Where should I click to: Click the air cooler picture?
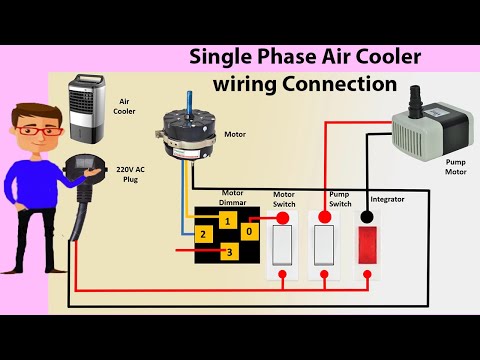pos(87,112)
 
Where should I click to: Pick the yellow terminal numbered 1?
pos(229,219)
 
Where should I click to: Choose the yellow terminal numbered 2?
pos(203,234)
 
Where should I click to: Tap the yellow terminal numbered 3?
pos(229,252)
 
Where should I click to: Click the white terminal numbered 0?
pos(250,229)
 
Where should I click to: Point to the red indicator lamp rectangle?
pos(369,242)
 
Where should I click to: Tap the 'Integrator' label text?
pos(387,199)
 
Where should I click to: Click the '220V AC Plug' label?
pos(132,176)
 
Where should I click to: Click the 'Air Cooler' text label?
pos(126,105)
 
